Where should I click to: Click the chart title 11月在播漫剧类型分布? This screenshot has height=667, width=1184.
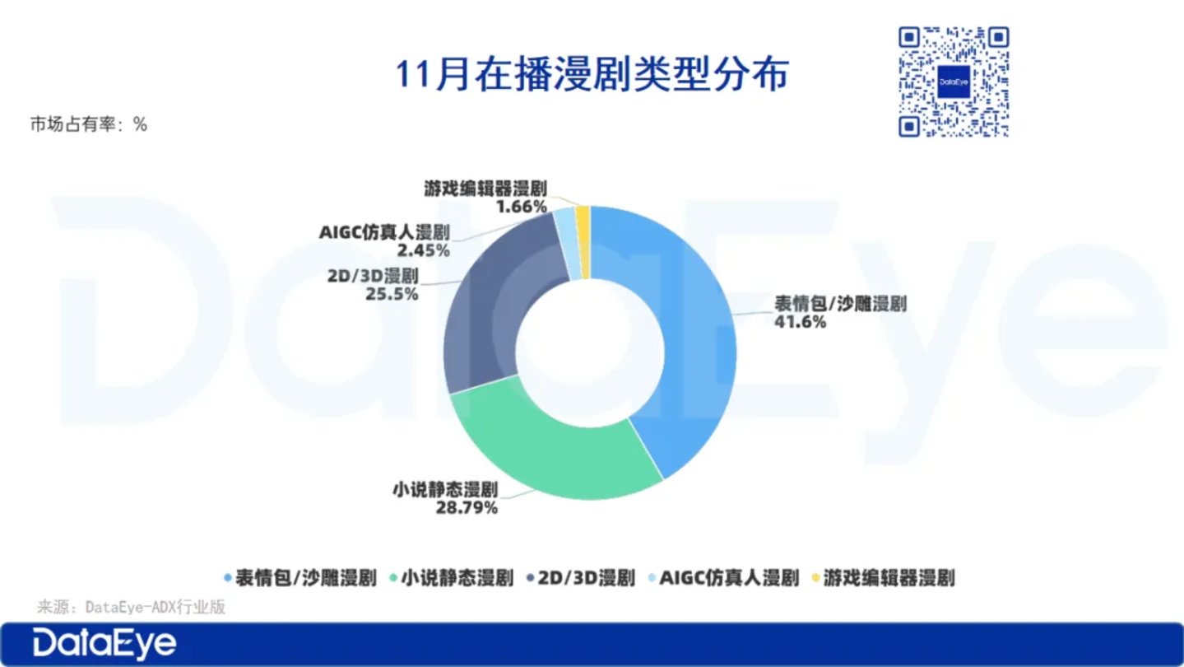point(592,74)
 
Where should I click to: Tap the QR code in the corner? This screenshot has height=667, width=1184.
point(954,82)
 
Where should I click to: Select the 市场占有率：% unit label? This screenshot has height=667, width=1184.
point(88,124)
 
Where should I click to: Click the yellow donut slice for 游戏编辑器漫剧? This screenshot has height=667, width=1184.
point(583,242)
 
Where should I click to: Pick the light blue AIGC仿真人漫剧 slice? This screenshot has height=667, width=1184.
point(567,244)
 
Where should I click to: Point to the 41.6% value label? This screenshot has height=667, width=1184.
point(800,322)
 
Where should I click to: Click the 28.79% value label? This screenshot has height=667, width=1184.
point(467,508)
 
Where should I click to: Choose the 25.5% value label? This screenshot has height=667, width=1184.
point(392,294)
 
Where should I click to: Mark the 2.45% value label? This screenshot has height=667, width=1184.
point(424,250)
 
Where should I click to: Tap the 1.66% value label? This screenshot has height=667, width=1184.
point(521,207)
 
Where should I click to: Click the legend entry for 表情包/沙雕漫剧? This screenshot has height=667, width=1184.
point(300,577)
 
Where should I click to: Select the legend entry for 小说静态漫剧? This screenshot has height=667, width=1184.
point(452,577)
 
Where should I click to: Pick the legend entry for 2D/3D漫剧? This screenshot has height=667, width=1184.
point(581,577)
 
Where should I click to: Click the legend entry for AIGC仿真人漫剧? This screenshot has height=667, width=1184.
point(723,577)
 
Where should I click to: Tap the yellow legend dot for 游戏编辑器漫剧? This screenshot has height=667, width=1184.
point(815,577)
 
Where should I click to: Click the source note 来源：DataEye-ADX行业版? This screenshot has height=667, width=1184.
point(131,607)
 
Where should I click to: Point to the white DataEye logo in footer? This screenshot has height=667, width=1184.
point(104,644)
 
